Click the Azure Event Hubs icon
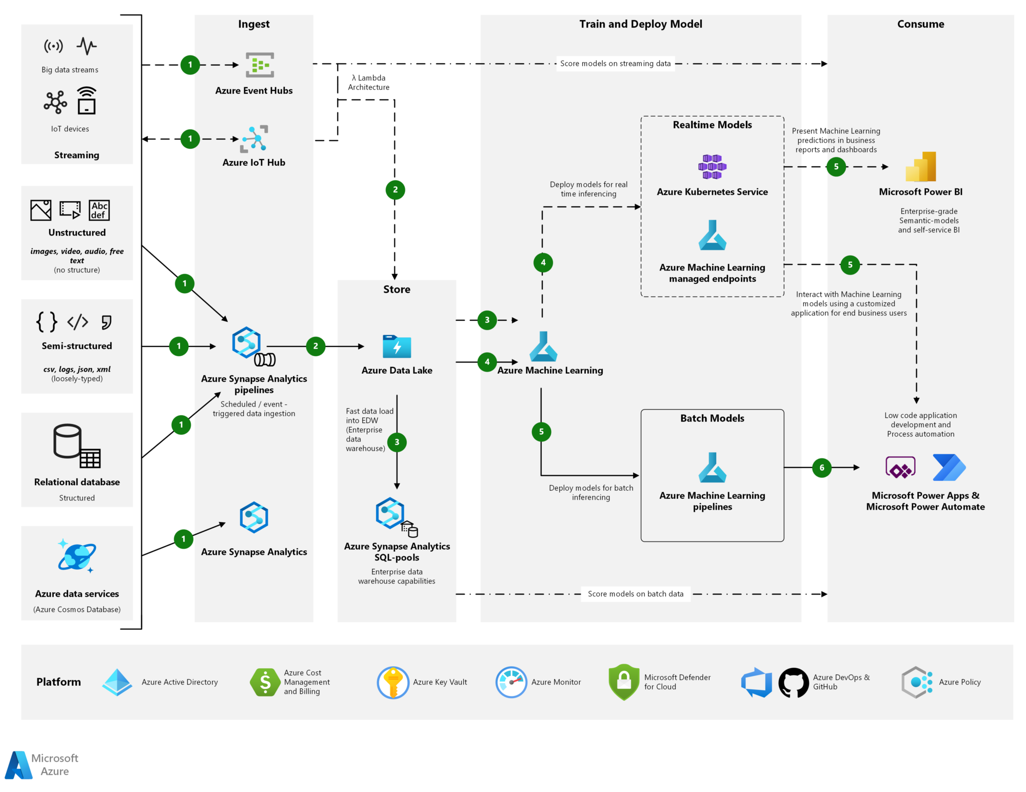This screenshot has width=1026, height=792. (260, 65)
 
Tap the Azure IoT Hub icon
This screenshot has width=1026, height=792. (254, 139)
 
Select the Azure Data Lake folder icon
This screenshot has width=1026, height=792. (397, 346)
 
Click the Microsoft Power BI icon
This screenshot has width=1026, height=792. (921, 167)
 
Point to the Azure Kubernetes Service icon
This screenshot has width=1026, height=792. (712, 167)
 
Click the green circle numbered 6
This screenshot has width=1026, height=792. (822, 468)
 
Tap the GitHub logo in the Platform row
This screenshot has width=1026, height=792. (793, 682)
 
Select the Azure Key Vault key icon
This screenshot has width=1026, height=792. (393, 682)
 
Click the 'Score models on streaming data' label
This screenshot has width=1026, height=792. (615, 64)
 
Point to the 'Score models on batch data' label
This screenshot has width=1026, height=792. (635, 594)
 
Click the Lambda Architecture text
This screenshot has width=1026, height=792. (368, 83)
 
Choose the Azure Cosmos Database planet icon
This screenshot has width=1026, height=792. (77, 556)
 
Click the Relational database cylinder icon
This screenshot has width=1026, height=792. (68, 441)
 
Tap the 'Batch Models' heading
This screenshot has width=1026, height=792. (712, 418)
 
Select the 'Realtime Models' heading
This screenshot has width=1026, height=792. (712, 125)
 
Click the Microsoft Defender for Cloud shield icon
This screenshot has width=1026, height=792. (623, 682)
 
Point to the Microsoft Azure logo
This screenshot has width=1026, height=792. (18, 765)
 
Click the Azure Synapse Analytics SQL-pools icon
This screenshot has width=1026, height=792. (391, 513)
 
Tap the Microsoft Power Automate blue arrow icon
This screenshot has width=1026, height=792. (949, 467)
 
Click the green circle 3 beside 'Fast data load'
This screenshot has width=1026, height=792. (397, 442)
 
